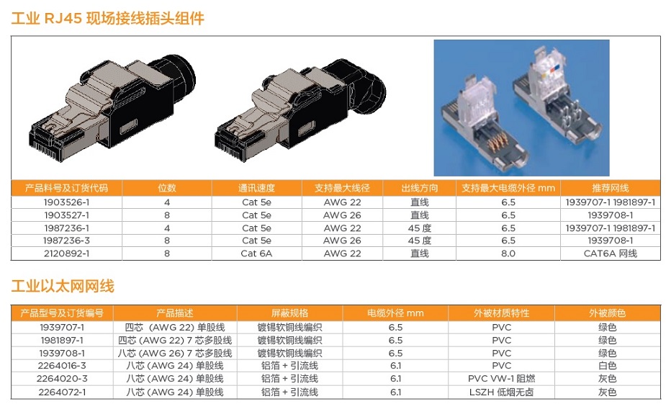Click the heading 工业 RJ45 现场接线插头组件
click(x=108, y=18)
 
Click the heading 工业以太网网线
click(x=63, y=287)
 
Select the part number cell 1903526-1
click(x=66, y=202)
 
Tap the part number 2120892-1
click(x=66, y=253)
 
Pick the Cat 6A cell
click(x=256, y=253)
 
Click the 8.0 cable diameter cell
click(x=508, y=253)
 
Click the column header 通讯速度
click(x=256, y=188)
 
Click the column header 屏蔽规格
click(x=289, y=313)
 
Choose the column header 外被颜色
click(x=607, y=313)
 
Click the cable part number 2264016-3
click(x=62, y=366)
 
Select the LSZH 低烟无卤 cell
click(x=501, y=392)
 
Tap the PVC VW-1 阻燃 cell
click(x=501, y=379)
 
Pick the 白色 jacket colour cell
click(x=607, y=366)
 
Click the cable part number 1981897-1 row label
click(x=62, y=340)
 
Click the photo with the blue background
click(x=521, y=108)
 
